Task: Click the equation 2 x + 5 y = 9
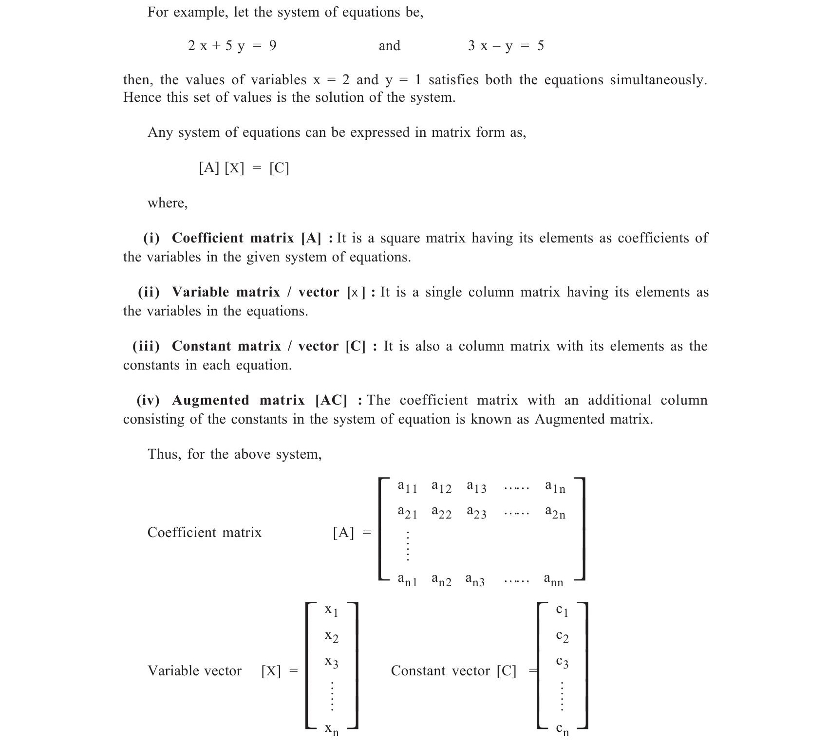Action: point(232,46)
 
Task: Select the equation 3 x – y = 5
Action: point(506,46)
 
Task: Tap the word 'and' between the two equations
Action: point(389,46)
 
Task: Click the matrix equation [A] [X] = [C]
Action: point(244,168)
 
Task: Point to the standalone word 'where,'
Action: point(168,203)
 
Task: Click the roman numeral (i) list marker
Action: point(151,238)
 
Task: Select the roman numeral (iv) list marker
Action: point(148,400)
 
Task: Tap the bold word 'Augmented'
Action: point(210,400)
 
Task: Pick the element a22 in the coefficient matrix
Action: point(441,512)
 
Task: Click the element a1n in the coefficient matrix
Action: point(555,486)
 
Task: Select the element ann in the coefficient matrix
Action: point(554,580)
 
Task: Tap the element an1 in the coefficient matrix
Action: point(407,580)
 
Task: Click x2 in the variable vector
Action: point(332,636)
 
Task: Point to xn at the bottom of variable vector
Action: point(332,729)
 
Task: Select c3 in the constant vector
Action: point(562,662)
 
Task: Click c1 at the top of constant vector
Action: point(562,611)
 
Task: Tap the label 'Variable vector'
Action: point(194,671)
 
